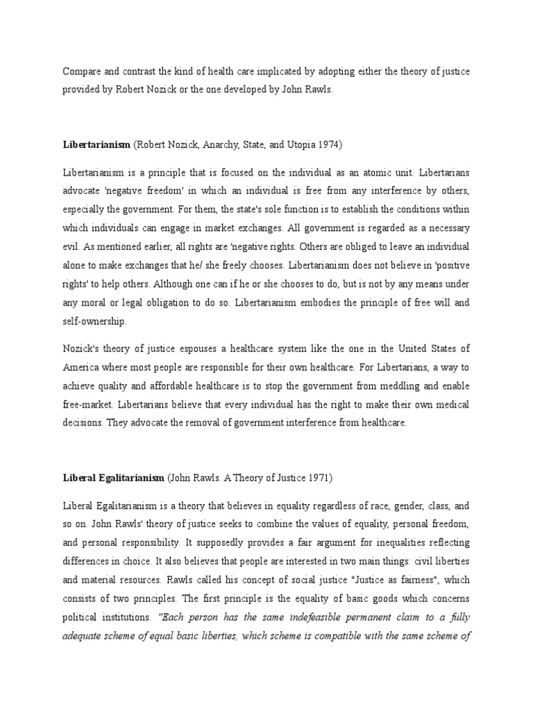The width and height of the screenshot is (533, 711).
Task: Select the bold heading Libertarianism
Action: [96, 144]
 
